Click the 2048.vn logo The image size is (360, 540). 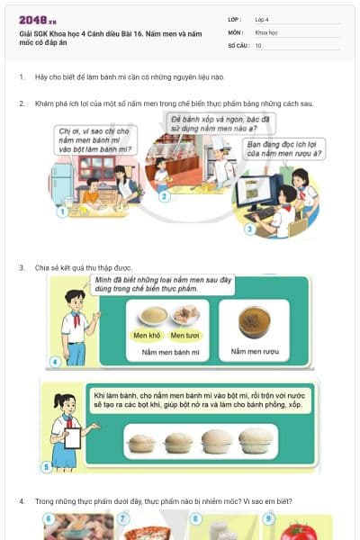click(38, 20)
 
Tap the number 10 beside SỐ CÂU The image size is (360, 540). click(258, 44)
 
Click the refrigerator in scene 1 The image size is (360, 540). click(61, 180)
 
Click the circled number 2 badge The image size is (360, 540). click(163, 195)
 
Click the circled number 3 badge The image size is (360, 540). click(250, 229)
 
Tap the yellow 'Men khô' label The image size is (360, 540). click(147, 336)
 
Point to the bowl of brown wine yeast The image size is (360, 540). click(255, 321)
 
